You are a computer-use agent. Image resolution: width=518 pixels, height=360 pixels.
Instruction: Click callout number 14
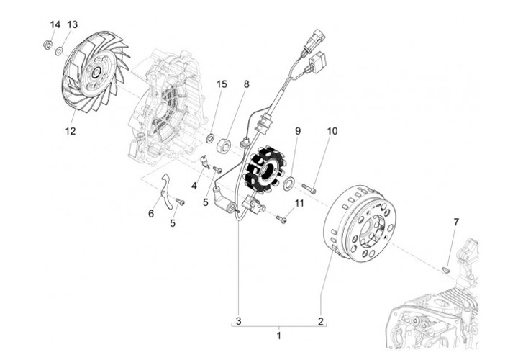coord(55,25)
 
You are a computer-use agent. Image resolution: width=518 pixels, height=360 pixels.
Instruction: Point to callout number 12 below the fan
coord(71,131)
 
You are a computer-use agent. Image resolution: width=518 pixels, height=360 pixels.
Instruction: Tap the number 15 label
coord(202,85)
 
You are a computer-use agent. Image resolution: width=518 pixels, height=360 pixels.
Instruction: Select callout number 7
coord(455,222)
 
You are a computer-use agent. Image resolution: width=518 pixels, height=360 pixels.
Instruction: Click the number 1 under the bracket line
coord(279,336)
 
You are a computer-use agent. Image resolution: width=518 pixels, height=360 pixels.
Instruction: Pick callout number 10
coord(332,131)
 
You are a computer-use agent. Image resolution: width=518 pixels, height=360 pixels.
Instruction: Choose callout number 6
coord(151,213)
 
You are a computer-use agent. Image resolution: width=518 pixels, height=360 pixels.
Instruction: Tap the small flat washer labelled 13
coord(58,50)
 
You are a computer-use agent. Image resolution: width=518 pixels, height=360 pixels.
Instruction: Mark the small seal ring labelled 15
coord(210,138)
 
